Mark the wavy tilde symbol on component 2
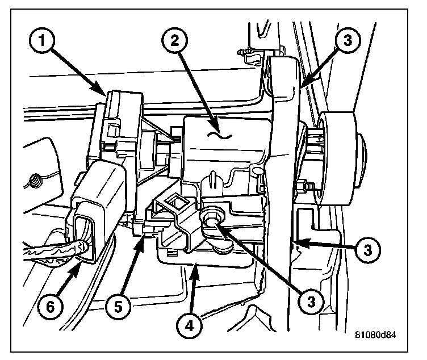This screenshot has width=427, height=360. [217, 135]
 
